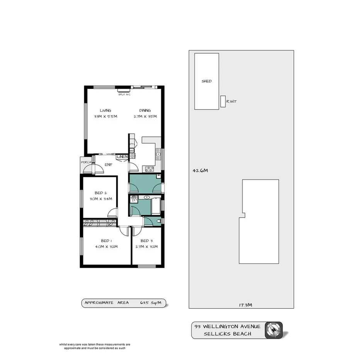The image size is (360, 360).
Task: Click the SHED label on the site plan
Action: pos(207,81)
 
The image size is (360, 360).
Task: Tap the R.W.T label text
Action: pos(231,102)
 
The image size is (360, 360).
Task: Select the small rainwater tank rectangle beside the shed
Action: pos(222,101)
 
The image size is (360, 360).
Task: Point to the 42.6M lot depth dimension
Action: pos(200,170)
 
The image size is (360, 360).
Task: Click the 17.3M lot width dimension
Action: pos(245,305)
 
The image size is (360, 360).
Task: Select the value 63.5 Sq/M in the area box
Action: pos(151,303)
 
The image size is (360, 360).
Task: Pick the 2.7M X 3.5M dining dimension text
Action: pos(145,116)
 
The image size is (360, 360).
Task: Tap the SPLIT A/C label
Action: pos(124,94)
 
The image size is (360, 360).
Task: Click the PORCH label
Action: pos(86,162)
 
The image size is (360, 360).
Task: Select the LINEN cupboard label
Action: pos(122,156)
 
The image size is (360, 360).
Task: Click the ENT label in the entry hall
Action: pos(108,165)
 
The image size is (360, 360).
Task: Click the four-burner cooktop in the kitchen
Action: pos(149,168)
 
